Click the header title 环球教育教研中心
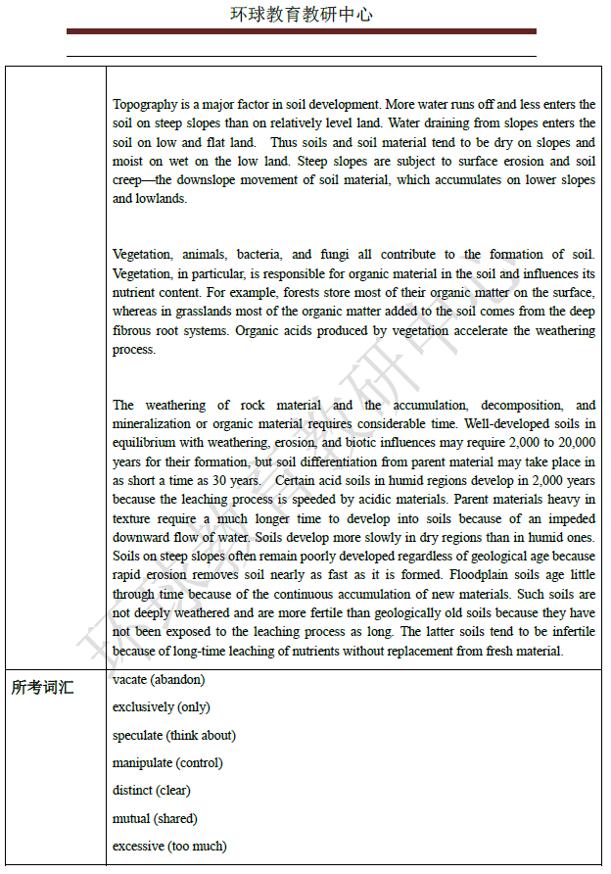pyautogui.click(x=302, y=15)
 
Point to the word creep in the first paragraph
pyautogui.click(x=128, y=180)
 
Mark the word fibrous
pyautogui.click(x=133, y=330)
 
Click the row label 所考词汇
pyautogui.click(x=43, y=688)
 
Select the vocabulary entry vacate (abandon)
pyautogui.click(x=159, y=680)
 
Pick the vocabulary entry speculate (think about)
pyautogui.click(x=174, y=735)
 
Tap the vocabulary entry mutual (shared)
pyautogui.click(x=155, y=818)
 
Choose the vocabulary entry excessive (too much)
pyautogui.click(x=169, y=846)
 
